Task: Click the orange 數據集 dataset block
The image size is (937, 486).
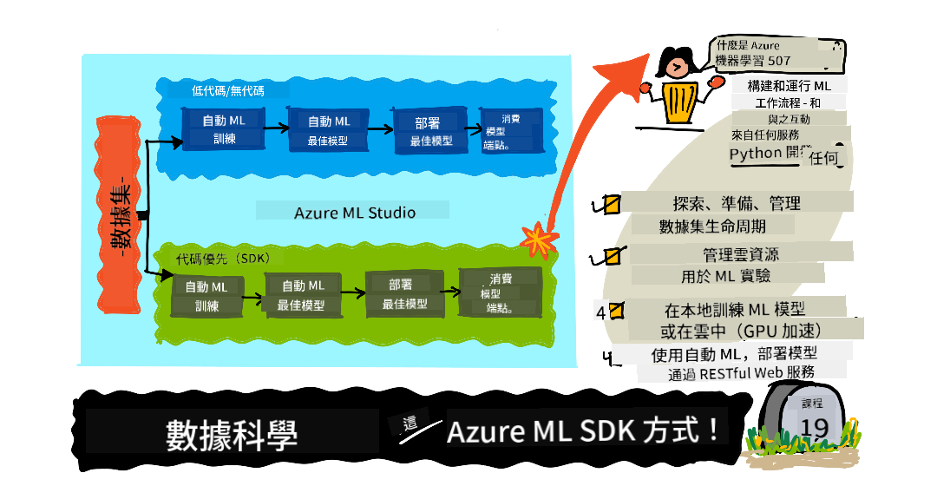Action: (x=118, y=214)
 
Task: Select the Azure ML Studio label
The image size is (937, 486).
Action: (x=354, y=213)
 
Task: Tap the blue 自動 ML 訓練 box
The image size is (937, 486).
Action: (x=224, y=128)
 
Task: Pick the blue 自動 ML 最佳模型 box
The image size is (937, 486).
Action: (x=328, y=129)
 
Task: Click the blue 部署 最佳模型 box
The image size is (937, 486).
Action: (x=430, y=131)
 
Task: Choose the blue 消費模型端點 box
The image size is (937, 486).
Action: (x=511, y=130)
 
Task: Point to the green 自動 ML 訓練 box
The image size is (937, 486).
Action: (x=206, y=296)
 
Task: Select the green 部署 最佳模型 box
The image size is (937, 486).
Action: (x=404, y=294)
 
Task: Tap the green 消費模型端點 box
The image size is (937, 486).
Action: (x=500, y=292)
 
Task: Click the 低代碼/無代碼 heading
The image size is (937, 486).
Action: (x=227, y=91)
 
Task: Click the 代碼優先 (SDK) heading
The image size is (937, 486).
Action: (x=222, y=259)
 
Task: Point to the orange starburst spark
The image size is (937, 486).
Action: (x=539, y=240)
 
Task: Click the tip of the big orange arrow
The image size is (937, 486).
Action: (x=649, y=55)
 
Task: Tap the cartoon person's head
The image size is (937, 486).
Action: (x=676, y=63)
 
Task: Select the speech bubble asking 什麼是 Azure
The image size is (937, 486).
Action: (x=776, y=54)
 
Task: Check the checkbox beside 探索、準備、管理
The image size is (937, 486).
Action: (x=611, y=205)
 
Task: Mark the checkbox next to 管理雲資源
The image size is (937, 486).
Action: (x=612, y=256)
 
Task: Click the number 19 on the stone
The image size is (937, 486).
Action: (x=814, y=427)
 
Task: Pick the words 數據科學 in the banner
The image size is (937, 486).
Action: (x=232, y=435)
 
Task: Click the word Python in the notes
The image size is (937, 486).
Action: (x=756, y=154)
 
